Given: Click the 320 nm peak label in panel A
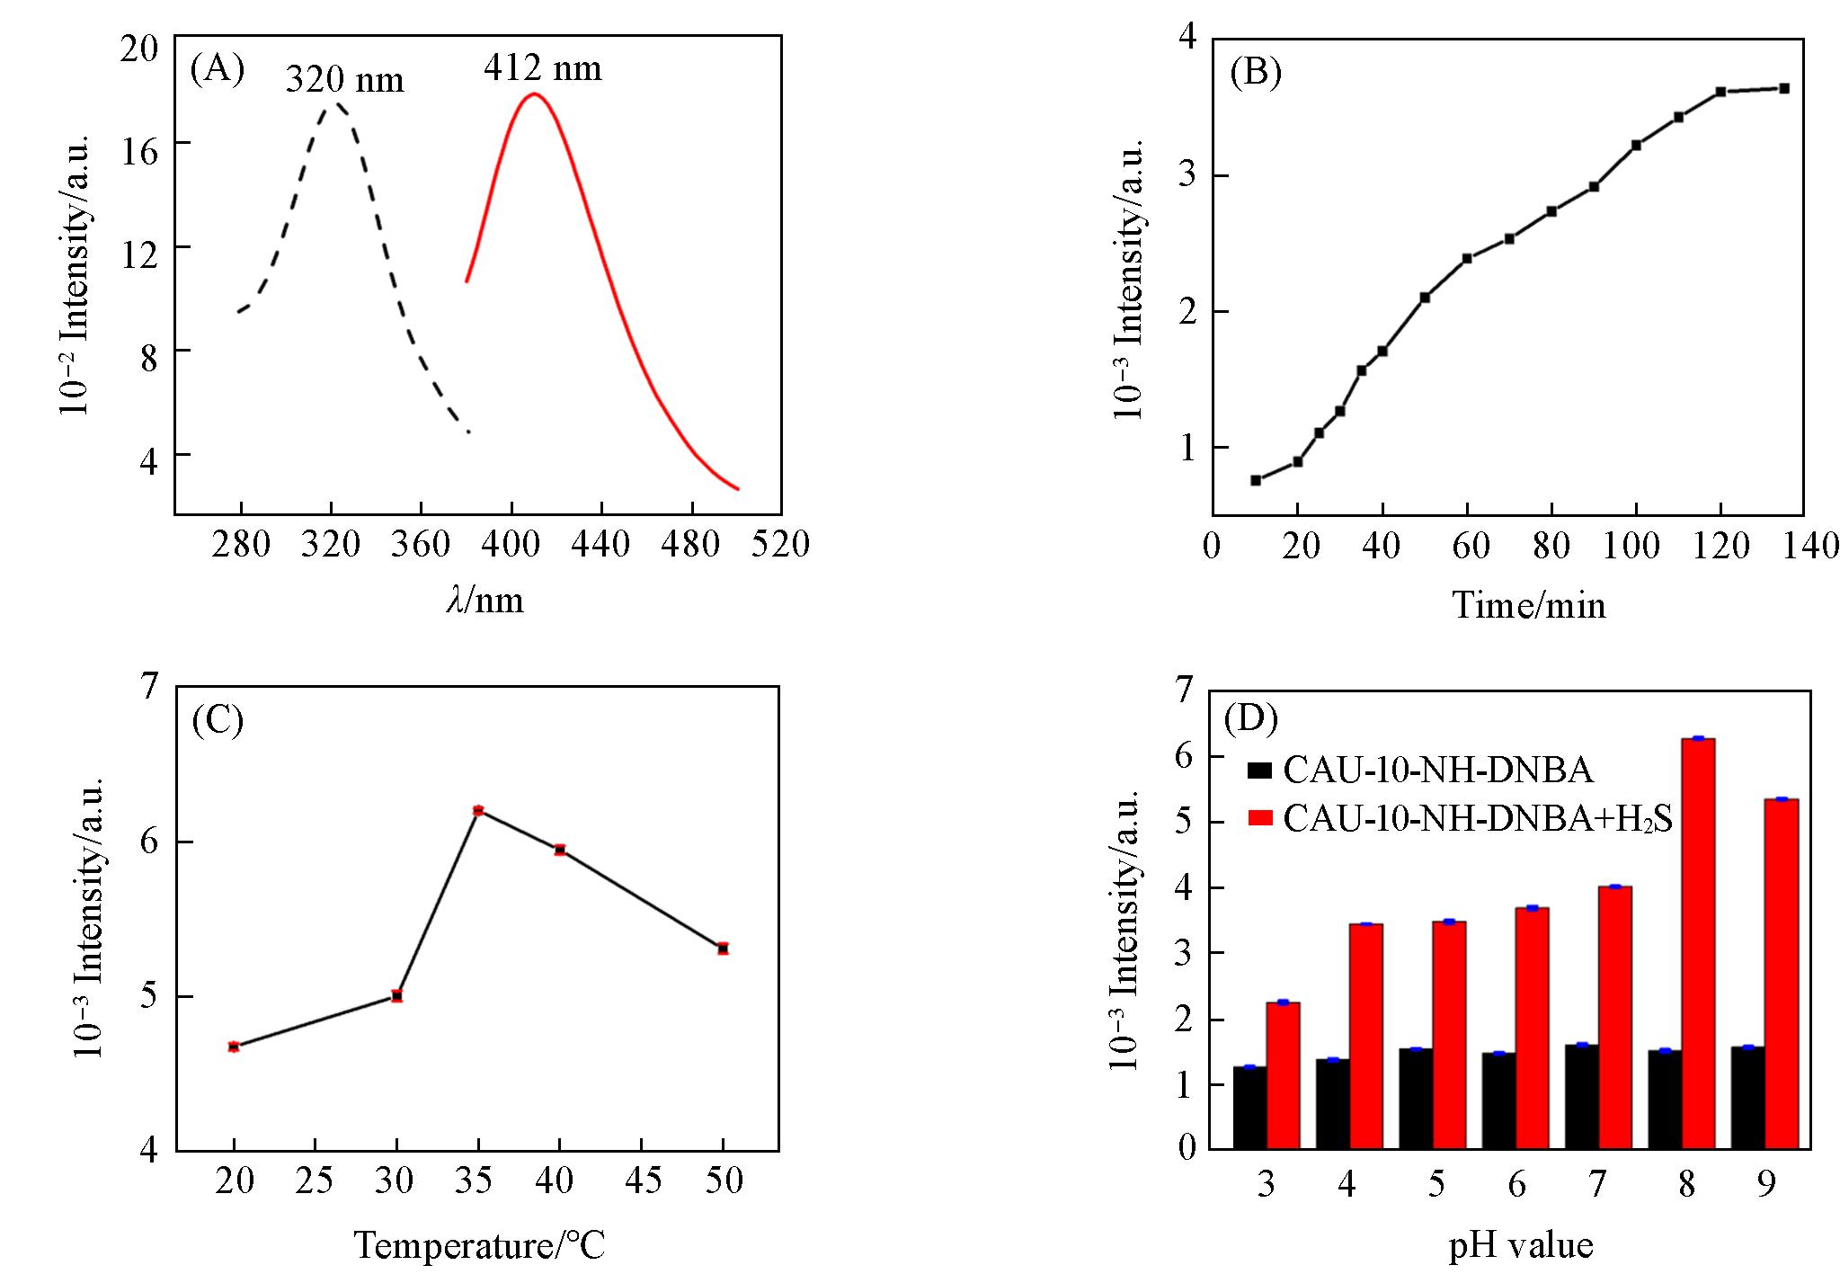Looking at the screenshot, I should pos(344,81).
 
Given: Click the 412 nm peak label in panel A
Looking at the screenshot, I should pos(542,68).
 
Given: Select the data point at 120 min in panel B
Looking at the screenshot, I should pos(1720,92).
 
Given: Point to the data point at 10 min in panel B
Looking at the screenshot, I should pos(1256,480).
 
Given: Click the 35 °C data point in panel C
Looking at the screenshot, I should pos(478,810).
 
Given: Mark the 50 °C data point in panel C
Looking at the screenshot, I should pos(723,949).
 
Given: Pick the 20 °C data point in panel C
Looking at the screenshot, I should pos(234,1047).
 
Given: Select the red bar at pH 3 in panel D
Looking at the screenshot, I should pos(1283,1075).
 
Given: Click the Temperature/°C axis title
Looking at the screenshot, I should pos(479,1245).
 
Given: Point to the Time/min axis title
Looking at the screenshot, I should pos(1528,605).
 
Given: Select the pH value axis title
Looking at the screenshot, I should pos(1521,1246).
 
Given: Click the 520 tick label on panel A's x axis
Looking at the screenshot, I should pos(781,545).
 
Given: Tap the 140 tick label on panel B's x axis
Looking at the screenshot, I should pos(1809,546).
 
